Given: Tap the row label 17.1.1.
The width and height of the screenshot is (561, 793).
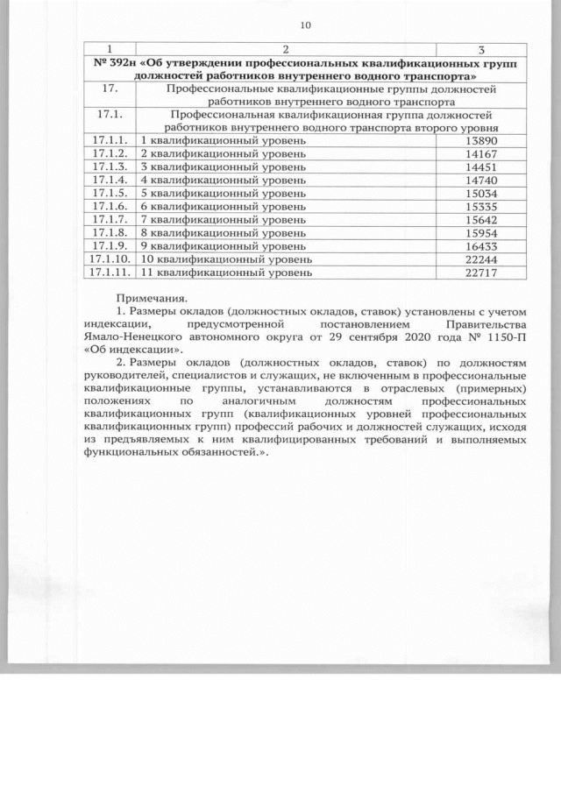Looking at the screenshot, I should point(110,140).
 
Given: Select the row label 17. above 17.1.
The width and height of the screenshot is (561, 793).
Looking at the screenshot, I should point(110,89).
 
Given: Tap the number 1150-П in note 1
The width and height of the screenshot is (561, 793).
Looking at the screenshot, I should point(508,335).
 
